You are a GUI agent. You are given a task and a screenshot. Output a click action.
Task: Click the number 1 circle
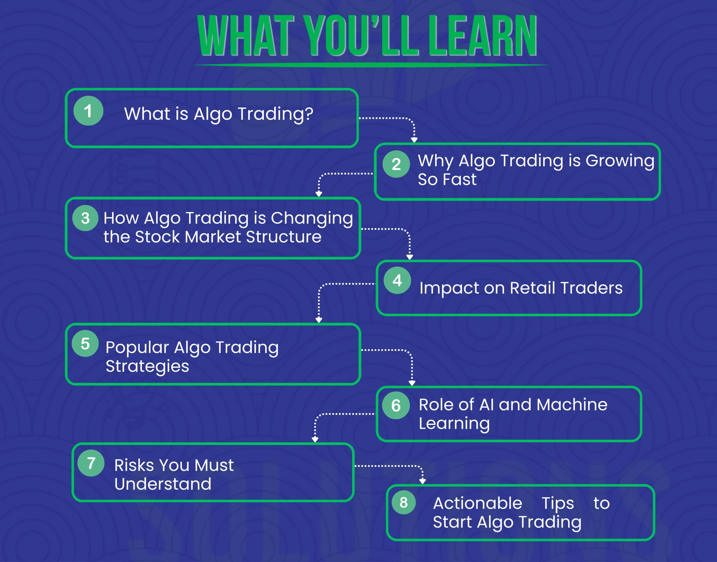point(88,111)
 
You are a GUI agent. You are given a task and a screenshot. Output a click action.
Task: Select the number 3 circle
point(85,218)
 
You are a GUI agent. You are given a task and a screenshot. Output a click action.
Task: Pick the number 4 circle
point(397,280)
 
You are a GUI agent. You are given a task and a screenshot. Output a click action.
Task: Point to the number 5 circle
point(85,343)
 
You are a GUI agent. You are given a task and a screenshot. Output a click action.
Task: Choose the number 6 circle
point(396,405)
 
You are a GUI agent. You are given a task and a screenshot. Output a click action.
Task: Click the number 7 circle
point(91,463)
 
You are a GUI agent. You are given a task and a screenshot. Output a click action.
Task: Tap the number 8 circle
point(404,502)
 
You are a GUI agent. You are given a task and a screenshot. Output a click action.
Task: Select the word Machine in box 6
point(572,405)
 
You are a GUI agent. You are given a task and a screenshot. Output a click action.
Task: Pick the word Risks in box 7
point(134,465)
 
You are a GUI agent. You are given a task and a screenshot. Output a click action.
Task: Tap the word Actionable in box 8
point(477,503)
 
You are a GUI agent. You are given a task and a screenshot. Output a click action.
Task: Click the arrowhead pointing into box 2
point(414,140)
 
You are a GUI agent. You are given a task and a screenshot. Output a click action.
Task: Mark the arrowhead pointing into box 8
point(423,481)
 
